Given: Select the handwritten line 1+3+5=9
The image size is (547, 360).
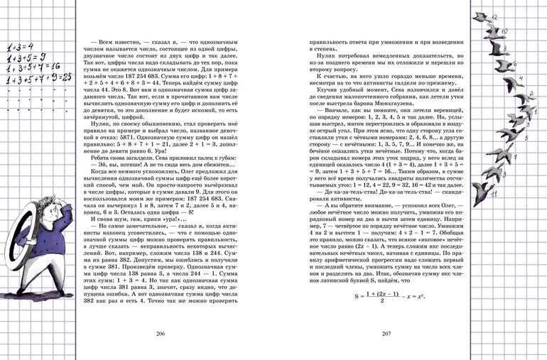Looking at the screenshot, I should point(27,58).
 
